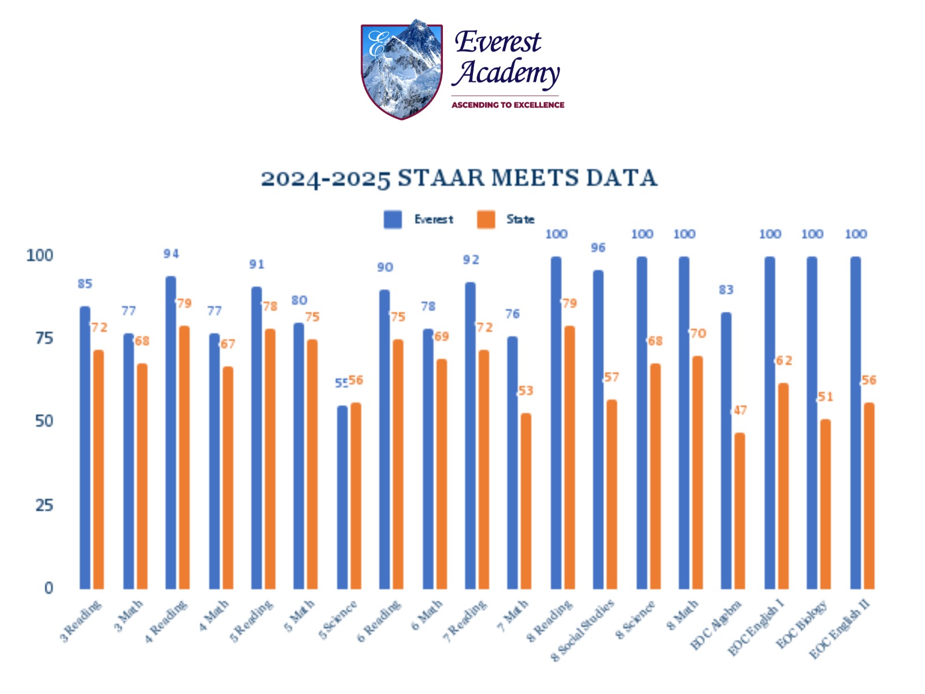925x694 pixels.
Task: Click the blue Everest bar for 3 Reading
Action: pos(85,448)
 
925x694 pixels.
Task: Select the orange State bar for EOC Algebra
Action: pos(739,511)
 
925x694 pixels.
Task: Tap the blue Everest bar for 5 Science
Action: pos(342,497)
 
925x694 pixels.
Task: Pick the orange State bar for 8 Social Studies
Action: pos(611,494)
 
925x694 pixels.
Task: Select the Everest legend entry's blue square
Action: pos(393,220)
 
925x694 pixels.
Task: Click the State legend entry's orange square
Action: pos(486,220)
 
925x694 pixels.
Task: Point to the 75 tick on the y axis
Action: pos(44,338)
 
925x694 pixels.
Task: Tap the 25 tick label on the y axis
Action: pos(44,505)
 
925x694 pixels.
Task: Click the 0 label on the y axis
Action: pos(49,588)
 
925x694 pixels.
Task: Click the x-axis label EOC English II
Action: pos(839,629)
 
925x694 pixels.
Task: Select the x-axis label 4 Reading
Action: pos(166,622)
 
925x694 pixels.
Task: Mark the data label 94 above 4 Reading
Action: pos(171,254)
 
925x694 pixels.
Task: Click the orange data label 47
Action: pos(741,411)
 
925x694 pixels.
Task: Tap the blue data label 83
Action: pos(726,290)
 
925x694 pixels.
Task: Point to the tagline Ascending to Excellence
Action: pos(508,105)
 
